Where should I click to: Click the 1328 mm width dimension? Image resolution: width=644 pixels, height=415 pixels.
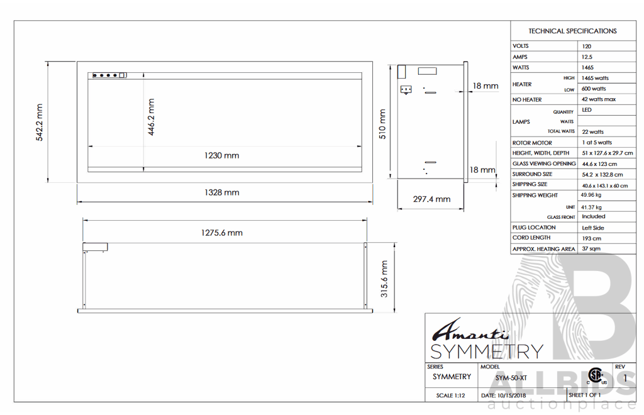(x=222, y=192)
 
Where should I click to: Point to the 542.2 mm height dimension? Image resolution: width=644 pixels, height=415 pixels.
(x=40, y=123)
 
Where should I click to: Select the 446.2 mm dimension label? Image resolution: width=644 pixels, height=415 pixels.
(x=151, y=117)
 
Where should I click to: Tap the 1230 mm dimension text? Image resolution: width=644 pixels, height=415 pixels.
(x=222, y=155)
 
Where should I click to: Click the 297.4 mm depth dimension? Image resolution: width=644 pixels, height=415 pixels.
(x=431, y=199)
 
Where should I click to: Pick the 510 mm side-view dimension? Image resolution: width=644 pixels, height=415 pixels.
(x=382, y=124)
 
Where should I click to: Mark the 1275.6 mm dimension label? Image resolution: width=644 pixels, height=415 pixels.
(x=222, y=233)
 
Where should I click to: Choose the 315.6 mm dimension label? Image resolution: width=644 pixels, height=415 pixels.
(x=384, y=279)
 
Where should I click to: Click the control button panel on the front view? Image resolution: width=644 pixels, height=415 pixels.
(x=109, y=75)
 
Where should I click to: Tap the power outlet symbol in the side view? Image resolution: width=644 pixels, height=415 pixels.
(x=406, y=89)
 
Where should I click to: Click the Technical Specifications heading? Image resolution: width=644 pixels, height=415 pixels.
(x=572, y=31)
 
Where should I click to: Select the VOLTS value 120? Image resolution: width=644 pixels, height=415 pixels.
(x=587, y=47)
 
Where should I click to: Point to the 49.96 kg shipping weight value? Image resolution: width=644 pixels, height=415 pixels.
(x=591, y=195)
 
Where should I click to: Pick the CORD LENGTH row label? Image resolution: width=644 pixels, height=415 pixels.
(x=531, y=238)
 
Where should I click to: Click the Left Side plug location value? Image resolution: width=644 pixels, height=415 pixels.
(x=593, y=228)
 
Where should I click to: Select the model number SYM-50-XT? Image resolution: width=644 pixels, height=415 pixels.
(x=511, y=378)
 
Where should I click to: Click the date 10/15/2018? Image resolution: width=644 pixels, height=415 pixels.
(x=504, y=396)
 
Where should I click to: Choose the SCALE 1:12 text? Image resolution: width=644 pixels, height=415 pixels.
(x=450, y=396)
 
